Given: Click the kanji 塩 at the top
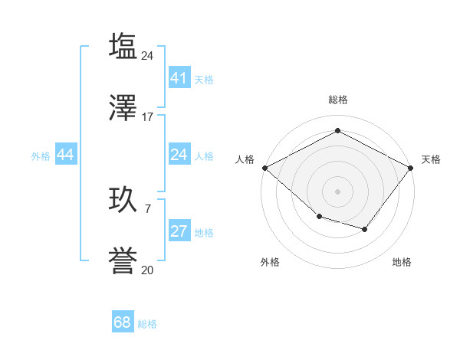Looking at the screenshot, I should (x=123, y=46).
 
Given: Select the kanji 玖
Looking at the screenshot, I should (x=123, y=199).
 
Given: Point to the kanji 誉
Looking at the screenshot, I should (x=123, y=261).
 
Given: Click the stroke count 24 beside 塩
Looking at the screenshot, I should (x=148, y=55).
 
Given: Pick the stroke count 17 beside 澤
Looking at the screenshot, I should (x=148, y=117).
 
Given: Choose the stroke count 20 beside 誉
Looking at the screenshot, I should (x=148, y=270).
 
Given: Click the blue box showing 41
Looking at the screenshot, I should (x=179, y=78).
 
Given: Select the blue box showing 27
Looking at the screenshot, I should (x=179, y=231).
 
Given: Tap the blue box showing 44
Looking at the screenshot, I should (x=65, y=155).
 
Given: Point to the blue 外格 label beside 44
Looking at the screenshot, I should (x=41, y=155).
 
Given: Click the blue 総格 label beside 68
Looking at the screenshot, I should (x=147, y=324).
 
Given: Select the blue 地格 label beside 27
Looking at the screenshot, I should (x=204, y=232).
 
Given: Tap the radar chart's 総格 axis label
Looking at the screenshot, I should (x=337, y=100).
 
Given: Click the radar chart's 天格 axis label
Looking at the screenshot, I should (x=431, y=159).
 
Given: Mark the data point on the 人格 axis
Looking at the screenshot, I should (x=264, y=167).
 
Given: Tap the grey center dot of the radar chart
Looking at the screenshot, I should (x=337, y=191).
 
